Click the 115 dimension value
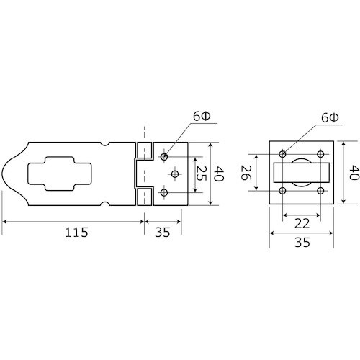click(76, 232)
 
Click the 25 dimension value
click(201, 174)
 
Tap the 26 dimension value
click(246, 173)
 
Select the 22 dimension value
click(302, 224)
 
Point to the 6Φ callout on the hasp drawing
click(202, 117)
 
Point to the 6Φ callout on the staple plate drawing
click(330, 118)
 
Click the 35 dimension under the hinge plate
click(163, 232)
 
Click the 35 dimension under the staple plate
click(302, 242)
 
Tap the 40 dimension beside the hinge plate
click(219, 174)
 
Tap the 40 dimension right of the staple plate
click(354, 173)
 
